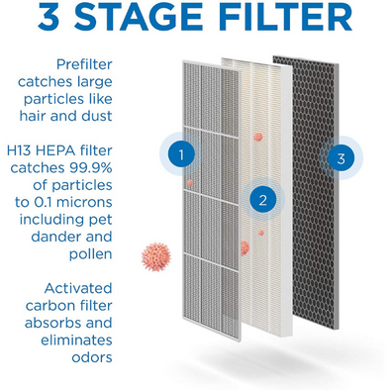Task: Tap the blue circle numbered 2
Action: [262, 200]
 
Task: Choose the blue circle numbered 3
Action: [341, 156]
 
